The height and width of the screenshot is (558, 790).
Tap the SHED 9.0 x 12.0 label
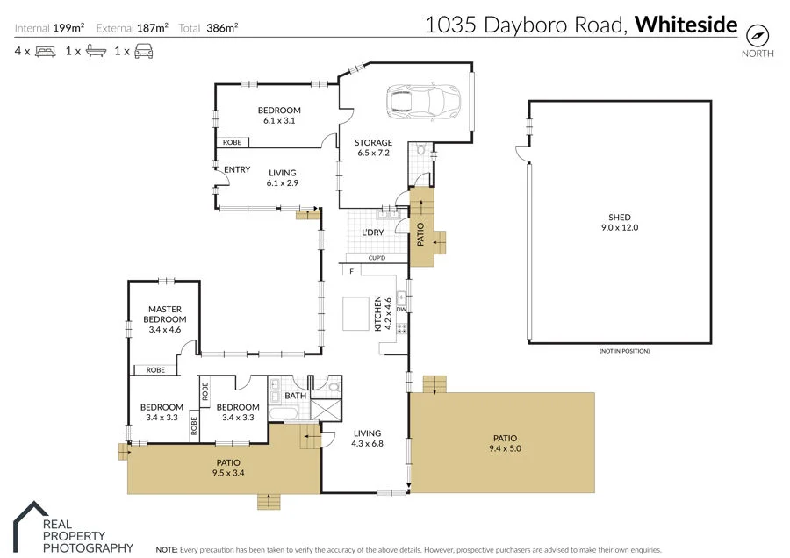click(620, 223)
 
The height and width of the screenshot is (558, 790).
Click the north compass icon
click(758, 35)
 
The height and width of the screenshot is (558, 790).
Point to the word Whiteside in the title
click(686, 25)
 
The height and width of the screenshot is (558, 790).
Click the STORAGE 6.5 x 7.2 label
click(373, 147)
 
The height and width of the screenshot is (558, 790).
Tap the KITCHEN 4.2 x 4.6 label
click(383, 313)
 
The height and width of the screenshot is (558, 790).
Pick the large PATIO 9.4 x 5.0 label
click(506, 443)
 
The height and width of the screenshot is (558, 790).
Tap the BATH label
click(295, 396)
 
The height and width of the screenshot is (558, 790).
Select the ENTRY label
click(237, 170)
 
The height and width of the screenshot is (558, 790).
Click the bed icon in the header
click(45, 52)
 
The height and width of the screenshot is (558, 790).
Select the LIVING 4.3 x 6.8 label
click(367, 438)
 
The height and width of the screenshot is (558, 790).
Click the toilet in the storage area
click(420, 150)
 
